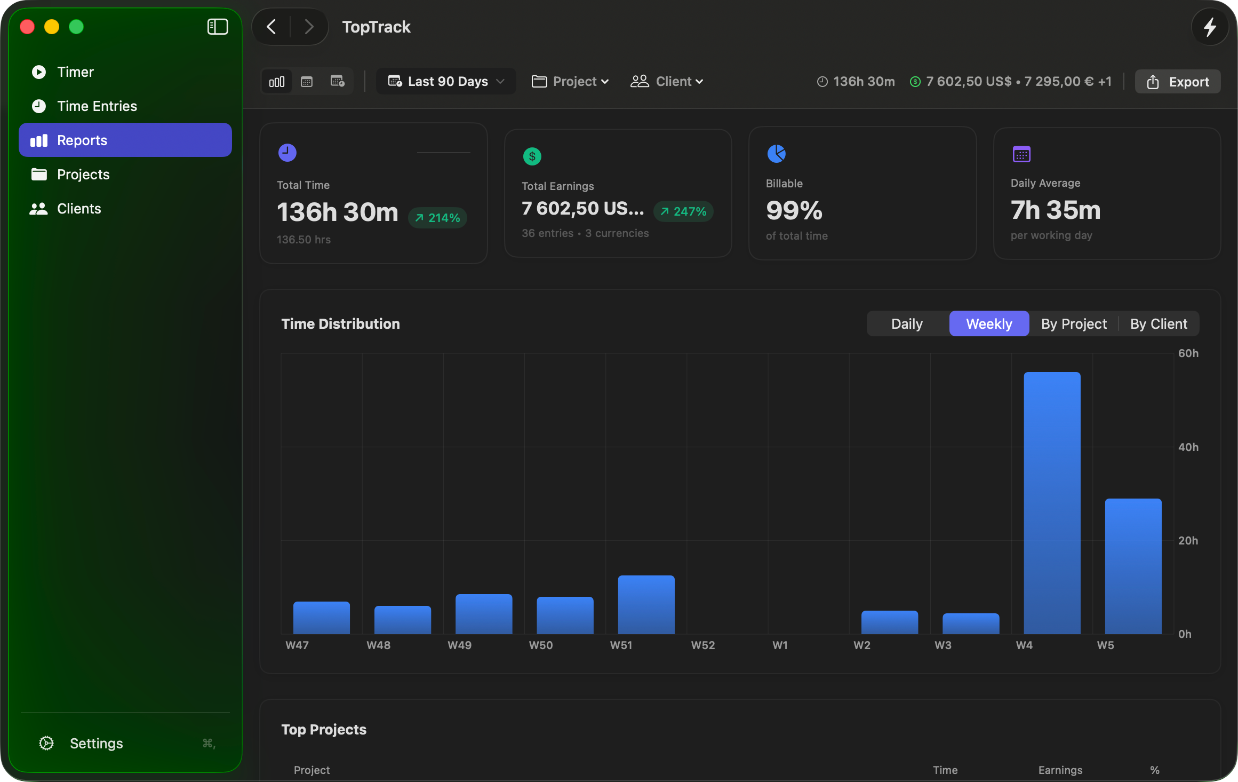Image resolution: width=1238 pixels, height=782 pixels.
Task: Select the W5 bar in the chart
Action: pyautogui.click(x=1133, y=566)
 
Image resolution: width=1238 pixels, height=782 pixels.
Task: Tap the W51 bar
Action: pyautogui.click(x=646, y=604)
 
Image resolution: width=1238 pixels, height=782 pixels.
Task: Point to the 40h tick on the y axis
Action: pyautogui.click(x=1188, y=447)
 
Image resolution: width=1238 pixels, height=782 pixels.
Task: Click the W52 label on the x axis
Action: pyautogui.click(x=702, y=645)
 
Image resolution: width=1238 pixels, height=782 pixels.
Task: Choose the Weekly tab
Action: pyautogui.click(x=989, y=324)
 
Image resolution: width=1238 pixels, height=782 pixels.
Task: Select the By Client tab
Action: pyautogui.click(x=1159, y=324)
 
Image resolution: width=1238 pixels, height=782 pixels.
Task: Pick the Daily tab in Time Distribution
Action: pyautogui.click(x=907, y=324)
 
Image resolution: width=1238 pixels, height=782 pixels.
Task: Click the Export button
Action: pyautogui.click(x=1178, y=82)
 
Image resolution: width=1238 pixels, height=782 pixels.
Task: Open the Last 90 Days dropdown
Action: pyautogui.click(x=446, y=82)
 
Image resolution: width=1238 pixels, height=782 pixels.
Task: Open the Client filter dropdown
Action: pyautogui.click(x=667, y=82)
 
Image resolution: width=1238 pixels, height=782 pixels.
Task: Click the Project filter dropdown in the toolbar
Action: pyautogui.click(x=570, y=82)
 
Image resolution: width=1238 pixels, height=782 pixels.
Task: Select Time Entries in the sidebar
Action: pyautogui.click(x=97, y=106)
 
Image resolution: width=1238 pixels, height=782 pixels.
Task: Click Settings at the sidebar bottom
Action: pyautogui.click(x=96, y=744)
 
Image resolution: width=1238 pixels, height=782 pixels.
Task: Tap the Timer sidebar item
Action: pyautogui.click(x=75, y=72)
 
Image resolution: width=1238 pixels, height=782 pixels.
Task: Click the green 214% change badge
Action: pyautogui.click(x=437, y=218)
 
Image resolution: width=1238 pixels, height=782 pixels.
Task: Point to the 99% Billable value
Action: pyautogui.click(x=794, y=210)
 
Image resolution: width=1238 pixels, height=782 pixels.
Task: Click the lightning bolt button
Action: pyautogui.click(x=1210, y=27)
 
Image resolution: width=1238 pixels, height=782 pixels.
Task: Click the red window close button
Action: pyautogui.click(x=27, y=27)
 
